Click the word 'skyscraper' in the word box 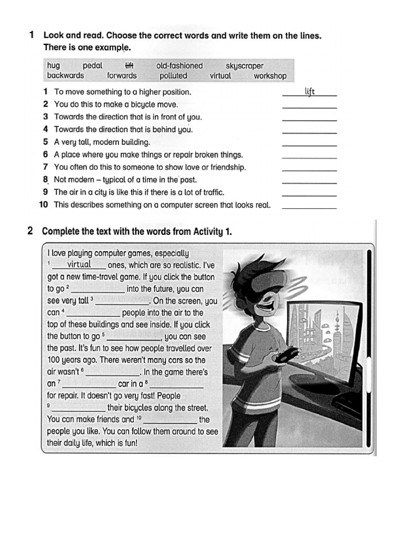(245, 66)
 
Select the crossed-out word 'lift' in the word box (129, 66)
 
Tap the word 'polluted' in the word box (173, 76)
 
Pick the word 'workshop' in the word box (270, 76)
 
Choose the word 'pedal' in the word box (92, 66)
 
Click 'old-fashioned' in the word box (179, 66)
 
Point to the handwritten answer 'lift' (310, 92)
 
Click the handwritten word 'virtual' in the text (79, 264)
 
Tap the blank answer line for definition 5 (310, 145)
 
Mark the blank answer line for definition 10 (310, 208)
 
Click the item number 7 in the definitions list (46, 167)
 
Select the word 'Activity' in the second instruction (202, 231)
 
